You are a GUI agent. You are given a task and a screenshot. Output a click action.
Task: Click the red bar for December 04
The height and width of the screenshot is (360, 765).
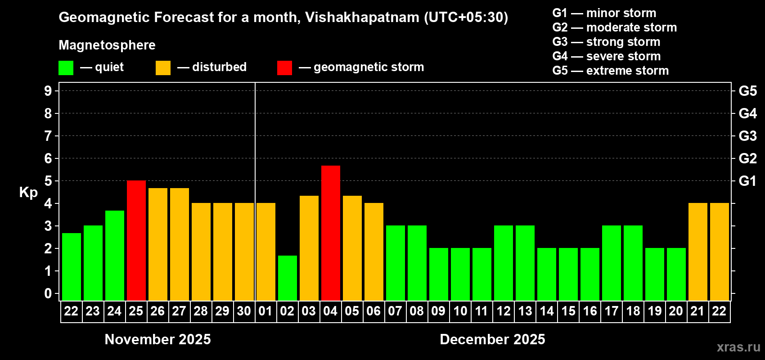[x=330, y=233]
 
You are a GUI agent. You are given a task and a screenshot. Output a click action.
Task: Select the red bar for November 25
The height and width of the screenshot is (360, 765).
[x=136, y=240]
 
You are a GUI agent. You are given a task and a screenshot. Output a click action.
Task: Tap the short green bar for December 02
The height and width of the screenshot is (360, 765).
[x=287, y=278]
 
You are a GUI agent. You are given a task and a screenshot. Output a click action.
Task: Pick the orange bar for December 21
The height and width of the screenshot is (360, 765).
[x=697, y=252]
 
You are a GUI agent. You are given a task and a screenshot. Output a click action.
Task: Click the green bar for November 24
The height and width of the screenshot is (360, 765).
[x=114, y=255]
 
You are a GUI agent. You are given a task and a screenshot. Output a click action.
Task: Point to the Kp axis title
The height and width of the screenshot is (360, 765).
[x=28, y=193]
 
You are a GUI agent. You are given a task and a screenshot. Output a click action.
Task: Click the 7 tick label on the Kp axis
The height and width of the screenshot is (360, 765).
[x=48, y=136]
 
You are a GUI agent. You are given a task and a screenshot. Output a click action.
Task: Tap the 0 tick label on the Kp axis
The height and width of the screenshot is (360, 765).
[x=48, y=293]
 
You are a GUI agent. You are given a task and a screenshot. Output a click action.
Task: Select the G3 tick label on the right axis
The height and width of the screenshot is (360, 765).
[x=747, y=136]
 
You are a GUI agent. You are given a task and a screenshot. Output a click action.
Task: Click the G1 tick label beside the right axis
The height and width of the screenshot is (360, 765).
[x=747, y=181]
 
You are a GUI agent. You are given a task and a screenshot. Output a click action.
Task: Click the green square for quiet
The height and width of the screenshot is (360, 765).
[x=66, y=67]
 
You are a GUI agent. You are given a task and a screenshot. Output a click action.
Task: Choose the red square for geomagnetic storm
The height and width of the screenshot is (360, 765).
[x=284, y=67]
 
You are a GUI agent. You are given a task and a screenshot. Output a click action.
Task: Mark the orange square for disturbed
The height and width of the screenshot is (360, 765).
[x=163, y=67]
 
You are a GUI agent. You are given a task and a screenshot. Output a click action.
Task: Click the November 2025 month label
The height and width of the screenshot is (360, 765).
[x=157, y=339]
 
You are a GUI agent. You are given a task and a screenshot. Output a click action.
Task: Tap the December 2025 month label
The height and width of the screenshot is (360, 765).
[x=492, y=339]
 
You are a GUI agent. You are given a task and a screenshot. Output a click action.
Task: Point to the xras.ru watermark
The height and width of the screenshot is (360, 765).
[x=738, y=347]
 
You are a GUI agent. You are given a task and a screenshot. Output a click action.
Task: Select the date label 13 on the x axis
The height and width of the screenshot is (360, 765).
[x=525, y=311]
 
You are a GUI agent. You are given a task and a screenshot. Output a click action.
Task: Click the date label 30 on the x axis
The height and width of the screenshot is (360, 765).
[x=244, y=311]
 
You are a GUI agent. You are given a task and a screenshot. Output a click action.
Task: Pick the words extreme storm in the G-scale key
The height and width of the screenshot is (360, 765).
[x=627, y=71]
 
